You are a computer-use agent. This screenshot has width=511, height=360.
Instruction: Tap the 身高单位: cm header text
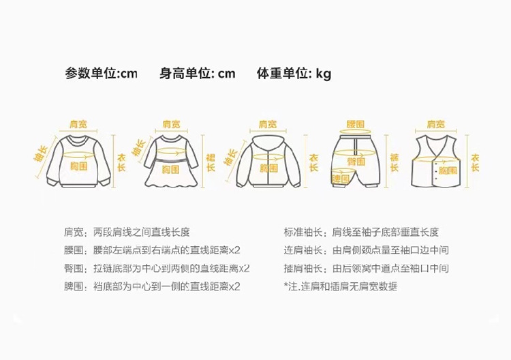pyautogui.click(x=198, y=74)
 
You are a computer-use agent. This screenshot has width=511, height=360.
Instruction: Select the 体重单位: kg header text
pyautogui.click(x=294, y=74)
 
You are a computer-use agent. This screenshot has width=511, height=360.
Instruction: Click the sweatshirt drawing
pyautogui.click(x=80, y=161)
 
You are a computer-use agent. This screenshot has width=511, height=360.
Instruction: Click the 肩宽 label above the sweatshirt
pyautogui.click(x=79, y=125)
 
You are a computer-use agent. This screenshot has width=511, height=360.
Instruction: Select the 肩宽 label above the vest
pyautogui.click(x=436, y=125)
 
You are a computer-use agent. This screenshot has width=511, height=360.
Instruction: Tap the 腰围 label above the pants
pyautogui.click(x=355, y=125)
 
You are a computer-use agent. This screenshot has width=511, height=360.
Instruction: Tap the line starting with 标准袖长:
pyautogui.click(x=360, y=232)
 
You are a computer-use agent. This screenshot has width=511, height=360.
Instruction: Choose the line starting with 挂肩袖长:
pyautogui.click(x=366, y=269)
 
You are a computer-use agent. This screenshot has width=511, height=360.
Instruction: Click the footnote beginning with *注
pyautogui.click(x=340, y=286)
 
